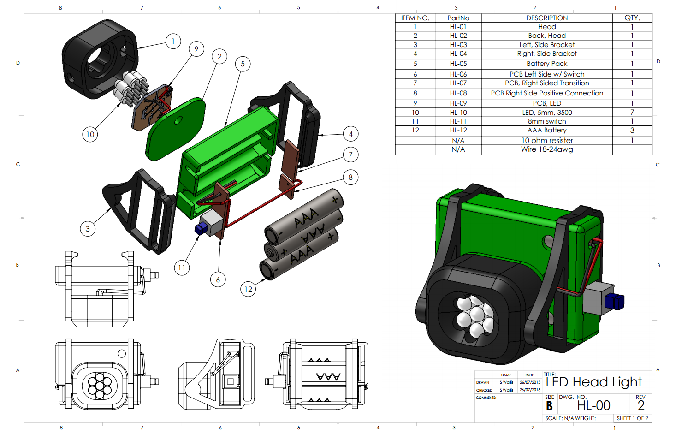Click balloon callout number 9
click(x=196, y=49)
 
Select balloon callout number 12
click(x=248, y=289)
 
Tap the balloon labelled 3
click(x=88, y=229)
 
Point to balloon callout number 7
click(x=350, y=155)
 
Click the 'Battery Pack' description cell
click(x=547, y=64)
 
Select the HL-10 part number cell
click(x=458, y=113)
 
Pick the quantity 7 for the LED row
click(x=632, y=112)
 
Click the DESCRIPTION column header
click(x=547, y=18)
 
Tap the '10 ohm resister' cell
click(x=547, y=140)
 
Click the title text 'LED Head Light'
click(x=593, y=382)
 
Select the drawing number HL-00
click(x=593, y=405)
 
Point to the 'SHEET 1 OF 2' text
click(x=632, y=418)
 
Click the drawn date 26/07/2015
click(x=530, y=382)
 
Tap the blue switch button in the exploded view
click(x=201, y=228)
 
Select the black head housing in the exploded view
click(x=100, y=59)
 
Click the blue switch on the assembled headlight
click(x=614, y=301)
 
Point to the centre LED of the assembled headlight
click(x=477, y=314)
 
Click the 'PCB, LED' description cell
click(x=547, y=103)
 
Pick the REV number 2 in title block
click(x=640, y=405)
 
